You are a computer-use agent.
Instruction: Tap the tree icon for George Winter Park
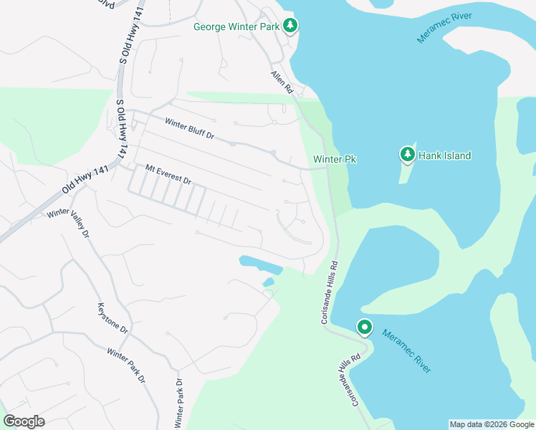click(x=289, y=26)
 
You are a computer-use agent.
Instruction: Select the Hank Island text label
click(x=445, y=156)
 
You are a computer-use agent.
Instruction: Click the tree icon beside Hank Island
click(x=407, y=154)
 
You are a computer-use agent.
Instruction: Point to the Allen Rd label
click(x=282, y=82)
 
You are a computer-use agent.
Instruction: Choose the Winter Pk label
click(x=335, y=159)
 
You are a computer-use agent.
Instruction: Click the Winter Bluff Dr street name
click(x=189, y=129)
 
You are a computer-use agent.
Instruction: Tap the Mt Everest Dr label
click(x=168, y=174)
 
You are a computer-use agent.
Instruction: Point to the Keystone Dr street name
click(x=112, y=319)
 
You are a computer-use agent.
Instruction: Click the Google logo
click(x=24, y=421)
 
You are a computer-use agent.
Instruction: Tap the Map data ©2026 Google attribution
click(x=491, y=424)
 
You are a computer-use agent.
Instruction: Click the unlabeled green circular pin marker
click(x=365, y=328)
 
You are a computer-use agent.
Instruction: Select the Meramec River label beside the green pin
click(x=406, y=350)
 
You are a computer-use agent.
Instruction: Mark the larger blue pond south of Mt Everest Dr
click(x=259, y=264)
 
